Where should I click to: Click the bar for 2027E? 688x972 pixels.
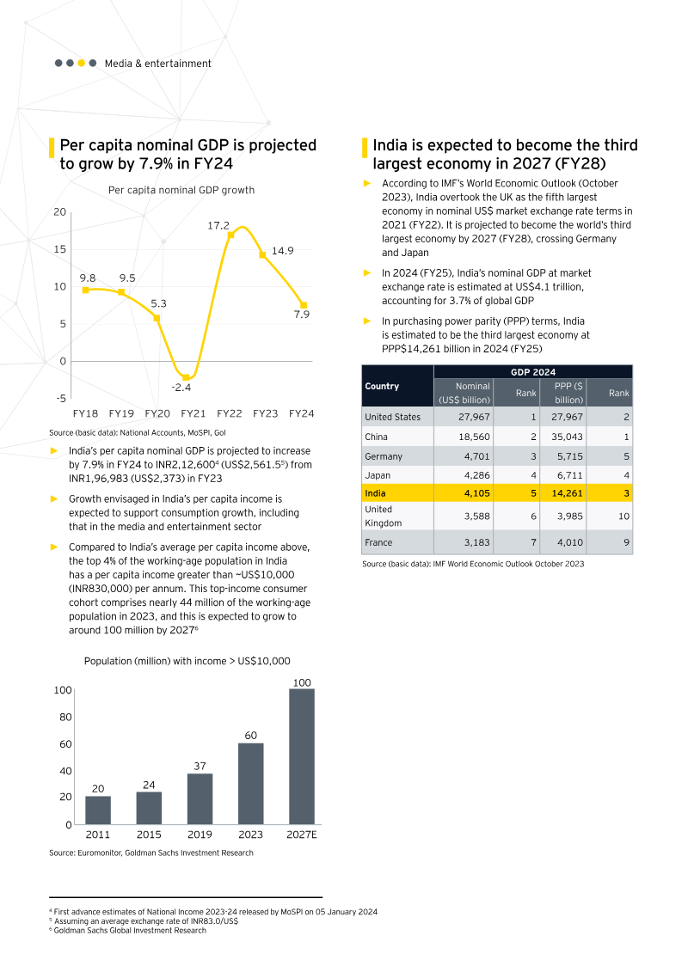coord(301,756)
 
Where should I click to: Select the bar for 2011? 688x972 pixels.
coord(98,810)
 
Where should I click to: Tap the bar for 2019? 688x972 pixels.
coord(200,798)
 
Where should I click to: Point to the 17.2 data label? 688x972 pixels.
coord(218,225)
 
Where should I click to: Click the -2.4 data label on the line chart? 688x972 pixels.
coord(181,388)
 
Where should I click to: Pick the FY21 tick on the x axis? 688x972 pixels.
coord(193,413)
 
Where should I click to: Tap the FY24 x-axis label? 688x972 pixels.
coord(301,413)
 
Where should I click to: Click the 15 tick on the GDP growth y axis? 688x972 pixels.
coord(60,249)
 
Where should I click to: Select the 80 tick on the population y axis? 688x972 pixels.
coord(63,717)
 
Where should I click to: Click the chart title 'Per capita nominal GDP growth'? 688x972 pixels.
coord(181,190)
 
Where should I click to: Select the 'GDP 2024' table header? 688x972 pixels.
coord(533,371)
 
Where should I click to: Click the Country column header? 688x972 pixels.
coord(382,386)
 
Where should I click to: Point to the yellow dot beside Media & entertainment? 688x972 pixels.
coord(82,63)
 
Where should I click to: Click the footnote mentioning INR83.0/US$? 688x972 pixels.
coord(144,920)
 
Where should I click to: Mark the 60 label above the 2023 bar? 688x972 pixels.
coord(250,736)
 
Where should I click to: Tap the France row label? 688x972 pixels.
coord(380,542)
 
